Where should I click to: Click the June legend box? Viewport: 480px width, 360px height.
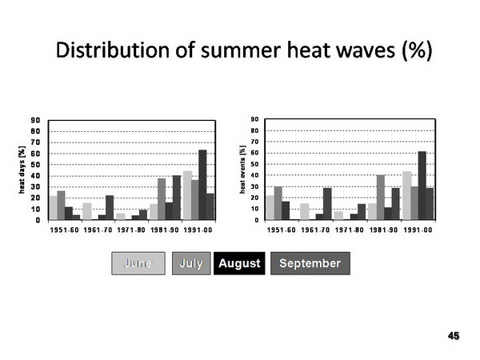[x=138, y=263]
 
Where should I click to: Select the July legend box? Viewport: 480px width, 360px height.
[x=191, y=263]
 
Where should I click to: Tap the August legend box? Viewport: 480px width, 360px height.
[x=239, y=263]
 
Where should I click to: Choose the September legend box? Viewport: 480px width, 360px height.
[x=310, y=263]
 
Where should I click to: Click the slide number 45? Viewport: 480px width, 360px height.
[x=454, y=336]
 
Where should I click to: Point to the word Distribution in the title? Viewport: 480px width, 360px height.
[x=112, y=50]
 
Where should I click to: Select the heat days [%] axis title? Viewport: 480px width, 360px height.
[x=22, y=170]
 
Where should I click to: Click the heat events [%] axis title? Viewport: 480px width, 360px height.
[x=242, y=170]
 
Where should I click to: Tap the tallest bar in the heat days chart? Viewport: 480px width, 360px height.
[x=202, y=185]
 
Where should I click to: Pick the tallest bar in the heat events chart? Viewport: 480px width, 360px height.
[x=422, y=186]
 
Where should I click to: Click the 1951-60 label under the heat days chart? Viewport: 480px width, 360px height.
[x=64, y=230]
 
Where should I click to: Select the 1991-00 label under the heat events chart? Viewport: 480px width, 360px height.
[x=418, y=230]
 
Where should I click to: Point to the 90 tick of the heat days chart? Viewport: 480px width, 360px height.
[x=35, y=120]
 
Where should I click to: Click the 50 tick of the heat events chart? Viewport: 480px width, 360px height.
[x=254, y=164]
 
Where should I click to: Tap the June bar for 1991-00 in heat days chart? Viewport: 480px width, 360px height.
[x=187, y=196]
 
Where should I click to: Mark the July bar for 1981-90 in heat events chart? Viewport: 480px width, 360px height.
[x=381, y=198]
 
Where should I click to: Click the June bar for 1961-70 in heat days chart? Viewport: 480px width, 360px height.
[x=87, y=211]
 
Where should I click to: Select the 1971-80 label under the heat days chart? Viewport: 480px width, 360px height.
[x=131, y=230]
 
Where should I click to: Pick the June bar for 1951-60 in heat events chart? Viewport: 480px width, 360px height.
[x=270, y=208]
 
